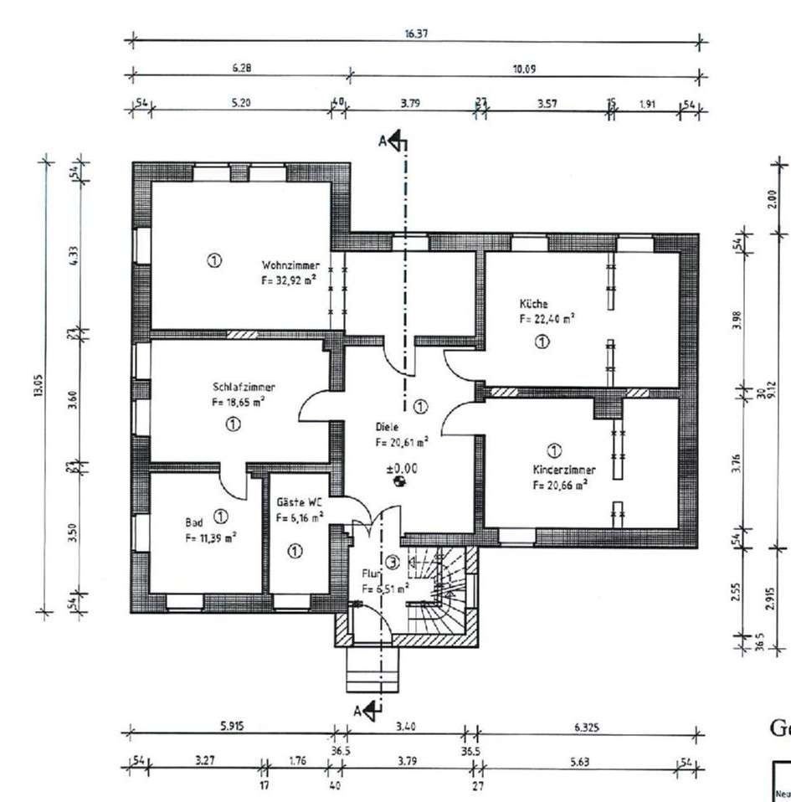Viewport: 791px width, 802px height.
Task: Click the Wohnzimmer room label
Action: [288, 265]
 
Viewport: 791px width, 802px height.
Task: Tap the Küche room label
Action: [533, 306]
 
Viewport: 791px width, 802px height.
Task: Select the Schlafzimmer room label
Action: [244, 387]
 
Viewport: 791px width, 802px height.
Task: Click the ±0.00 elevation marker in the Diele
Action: [401, 469]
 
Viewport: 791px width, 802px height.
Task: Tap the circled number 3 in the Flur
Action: [393, 561]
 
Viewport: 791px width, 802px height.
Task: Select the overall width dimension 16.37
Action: [416, 34]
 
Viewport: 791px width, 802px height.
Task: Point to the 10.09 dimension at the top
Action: [524, 69]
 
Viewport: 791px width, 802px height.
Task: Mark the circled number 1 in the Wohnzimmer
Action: [214, 260]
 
